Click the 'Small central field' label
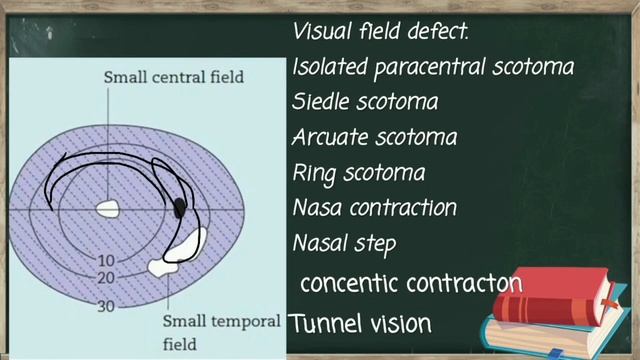173,77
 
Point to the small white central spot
107,209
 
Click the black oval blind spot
180,207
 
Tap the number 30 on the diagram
105,306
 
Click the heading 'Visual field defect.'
380,31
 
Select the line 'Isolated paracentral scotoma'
433,68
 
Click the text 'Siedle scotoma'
365,102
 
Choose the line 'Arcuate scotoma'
375,137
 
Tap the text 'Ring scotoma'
358,172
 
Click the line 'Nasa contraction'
375,208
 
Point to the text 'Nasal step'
344,243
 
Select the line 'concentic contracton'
411,283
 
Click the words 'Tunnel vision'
360,324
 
